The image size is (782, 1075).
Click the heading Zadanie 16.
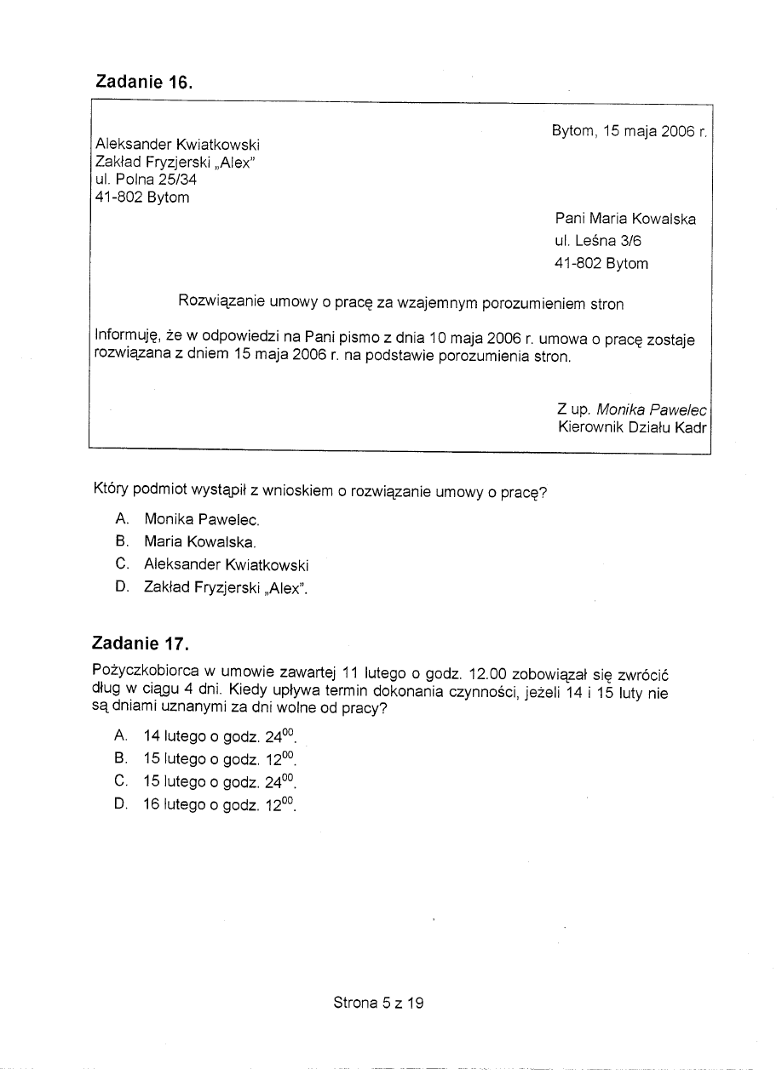tap(144, 83)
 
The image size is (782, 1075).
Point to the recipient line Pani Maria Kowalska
tap(625, 219)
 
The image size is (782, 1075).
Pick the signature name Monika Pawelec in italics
tap(652, 409)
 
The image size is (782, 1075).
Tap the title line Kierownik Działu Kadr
tap(632, 427)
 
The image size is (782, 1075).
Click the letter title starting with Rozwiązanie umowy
tap(400, 303)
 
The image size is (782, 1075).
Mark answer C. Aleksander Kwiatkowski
tap(226, 564)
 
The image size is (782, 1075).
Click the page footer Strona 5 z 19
tap(378, 1003)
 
